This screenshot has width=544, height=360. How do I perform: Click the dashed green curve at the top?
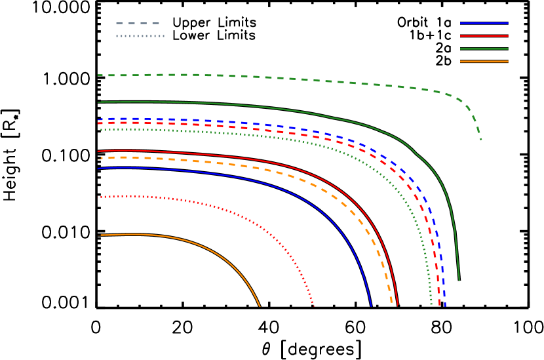pyautogui.click(x=262, y=77)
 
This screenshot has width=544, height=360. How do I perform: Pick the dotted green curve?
pyautogui.click(x=197, y=131)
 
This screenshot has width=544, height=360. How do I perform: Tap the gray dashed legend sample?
pyautogui.click(x=138, y=23)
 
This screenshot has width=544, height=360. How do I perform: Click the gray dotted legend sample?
pyautogui.click(x=140, y=36)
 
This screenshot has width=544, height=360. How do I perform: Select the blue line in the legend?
pyautogui.click(x=484, y=23)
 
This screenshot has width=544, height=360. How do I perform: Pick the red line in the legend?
pyautogui.click(x=484, y=36)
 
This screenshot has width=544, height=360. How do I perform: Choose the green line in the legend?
pyautogui.click(x=484, y=49)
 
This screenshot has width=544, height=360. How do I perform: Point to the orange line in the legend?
pyautogui.click(x=484, y=62)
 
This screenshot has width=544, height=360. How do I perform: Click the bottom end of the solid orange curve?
pyautogui.click(x=260, y=306)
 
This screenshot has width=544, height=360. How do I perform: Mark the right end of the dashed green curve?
pyautogui.click(x=481, y=140)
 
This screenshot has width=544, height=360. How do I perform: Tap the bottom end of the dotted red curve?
pyautogui.click(x=314, y=306)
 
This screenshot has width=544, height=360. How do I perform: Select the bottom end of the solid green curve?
pyautogui.click(x=459, y=281)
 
